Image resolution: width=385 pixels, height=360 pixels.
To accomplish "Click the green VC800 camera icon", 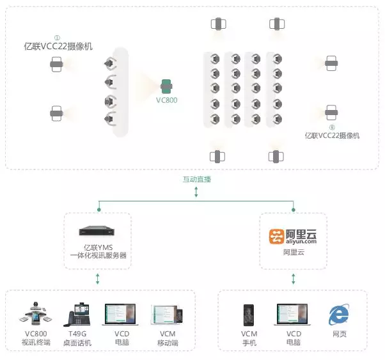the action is coord(166,86).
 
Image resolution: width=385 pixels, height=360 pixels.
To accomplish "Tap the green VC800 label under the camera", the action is coord(167,100).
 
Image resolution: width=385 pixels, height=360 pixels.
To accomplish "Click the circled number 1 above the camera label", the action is coord(57,38).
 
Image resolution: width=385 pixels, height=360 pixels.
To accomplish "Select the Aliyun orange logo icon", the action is coord(277,237).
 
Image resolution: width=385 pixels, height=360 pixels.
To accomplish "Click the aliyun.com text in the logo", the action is coord(301,242).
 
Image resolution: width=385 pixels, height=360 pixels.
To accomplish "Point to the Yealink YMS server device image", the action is coord(97,231).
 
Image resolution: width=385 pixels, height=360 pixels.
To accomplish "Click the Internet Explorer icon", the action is coord(339,314).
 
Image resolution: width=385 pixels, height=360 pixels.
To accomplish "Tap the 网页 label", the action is coord(340,334).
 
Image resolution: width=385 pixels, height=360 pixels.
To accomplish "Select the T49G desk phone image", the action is coord(77,314).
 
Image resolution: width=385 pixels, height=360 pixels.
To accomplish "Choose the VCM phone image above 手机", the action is coord(249,315).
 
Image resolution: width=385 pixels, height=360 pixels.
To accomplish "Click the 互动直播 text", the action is coord(197,179).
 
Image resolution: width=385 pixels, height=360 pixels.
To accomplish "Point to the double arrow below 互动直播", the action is coord(196,192).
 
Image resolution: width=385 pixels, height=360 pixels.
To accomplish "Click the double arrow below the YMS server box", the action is coord(98,279).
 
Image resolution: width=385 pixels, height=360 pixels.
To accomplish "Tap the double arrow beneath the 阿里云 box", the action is coord(294,279).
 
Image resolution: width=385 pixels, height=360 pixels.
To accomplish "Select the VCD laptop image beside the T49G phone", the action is coord(120,315).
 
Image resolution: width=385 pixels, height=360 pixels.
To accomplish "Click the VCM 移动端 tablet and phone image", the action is coord(168,315).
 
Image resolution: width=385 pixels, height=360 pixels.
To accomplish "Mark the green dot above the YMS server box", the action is coord(99,210).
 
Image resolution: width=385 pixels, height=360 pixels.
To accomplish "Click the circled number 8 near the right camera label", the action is coord(332,127).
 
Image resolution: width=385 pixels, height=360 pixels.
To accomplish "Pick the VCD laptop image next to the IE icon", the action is coord(292,315).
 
